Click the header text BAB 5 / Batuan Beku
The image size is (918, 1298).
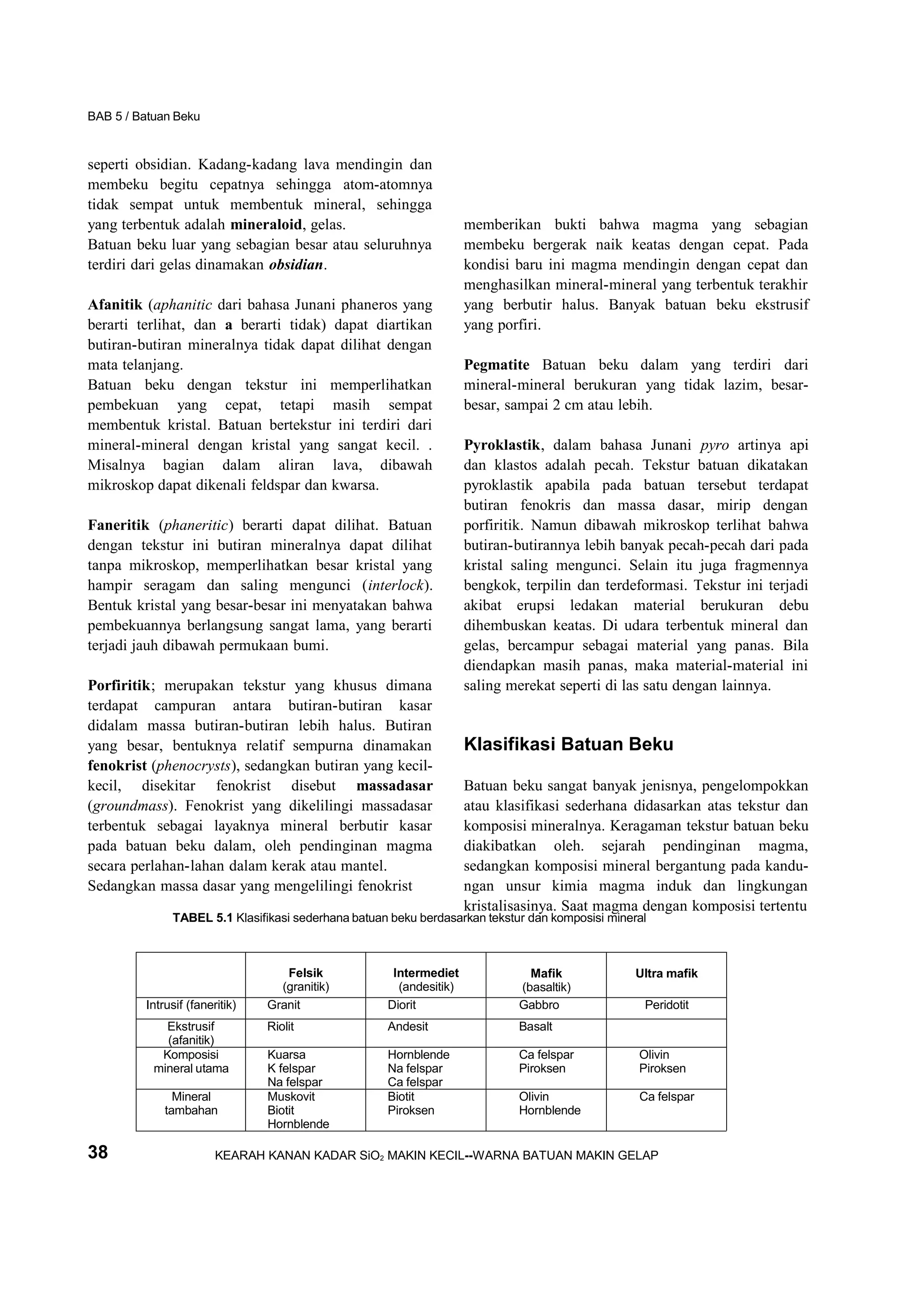[144, 116]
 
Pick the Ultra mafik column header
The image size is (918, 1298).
[666, 973]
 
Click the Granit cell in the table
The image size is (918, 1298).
[283, 1005]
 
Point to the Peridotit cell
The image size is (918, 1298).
[666, 1005]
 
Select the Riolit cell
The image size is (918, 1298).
[281, 1026]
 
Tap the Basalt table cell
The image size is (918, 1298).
[535, 1026]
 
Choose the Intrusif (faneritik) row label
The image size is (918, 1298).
[191, 1005]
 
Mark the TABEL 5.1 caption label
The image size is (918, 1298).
[203, 918]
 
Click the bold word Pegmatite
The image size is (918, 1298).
[496, 365]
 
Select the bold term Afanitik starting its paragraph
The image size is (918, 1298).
[115, 305]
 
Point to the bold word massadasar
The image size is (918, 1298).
[394, 786]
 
